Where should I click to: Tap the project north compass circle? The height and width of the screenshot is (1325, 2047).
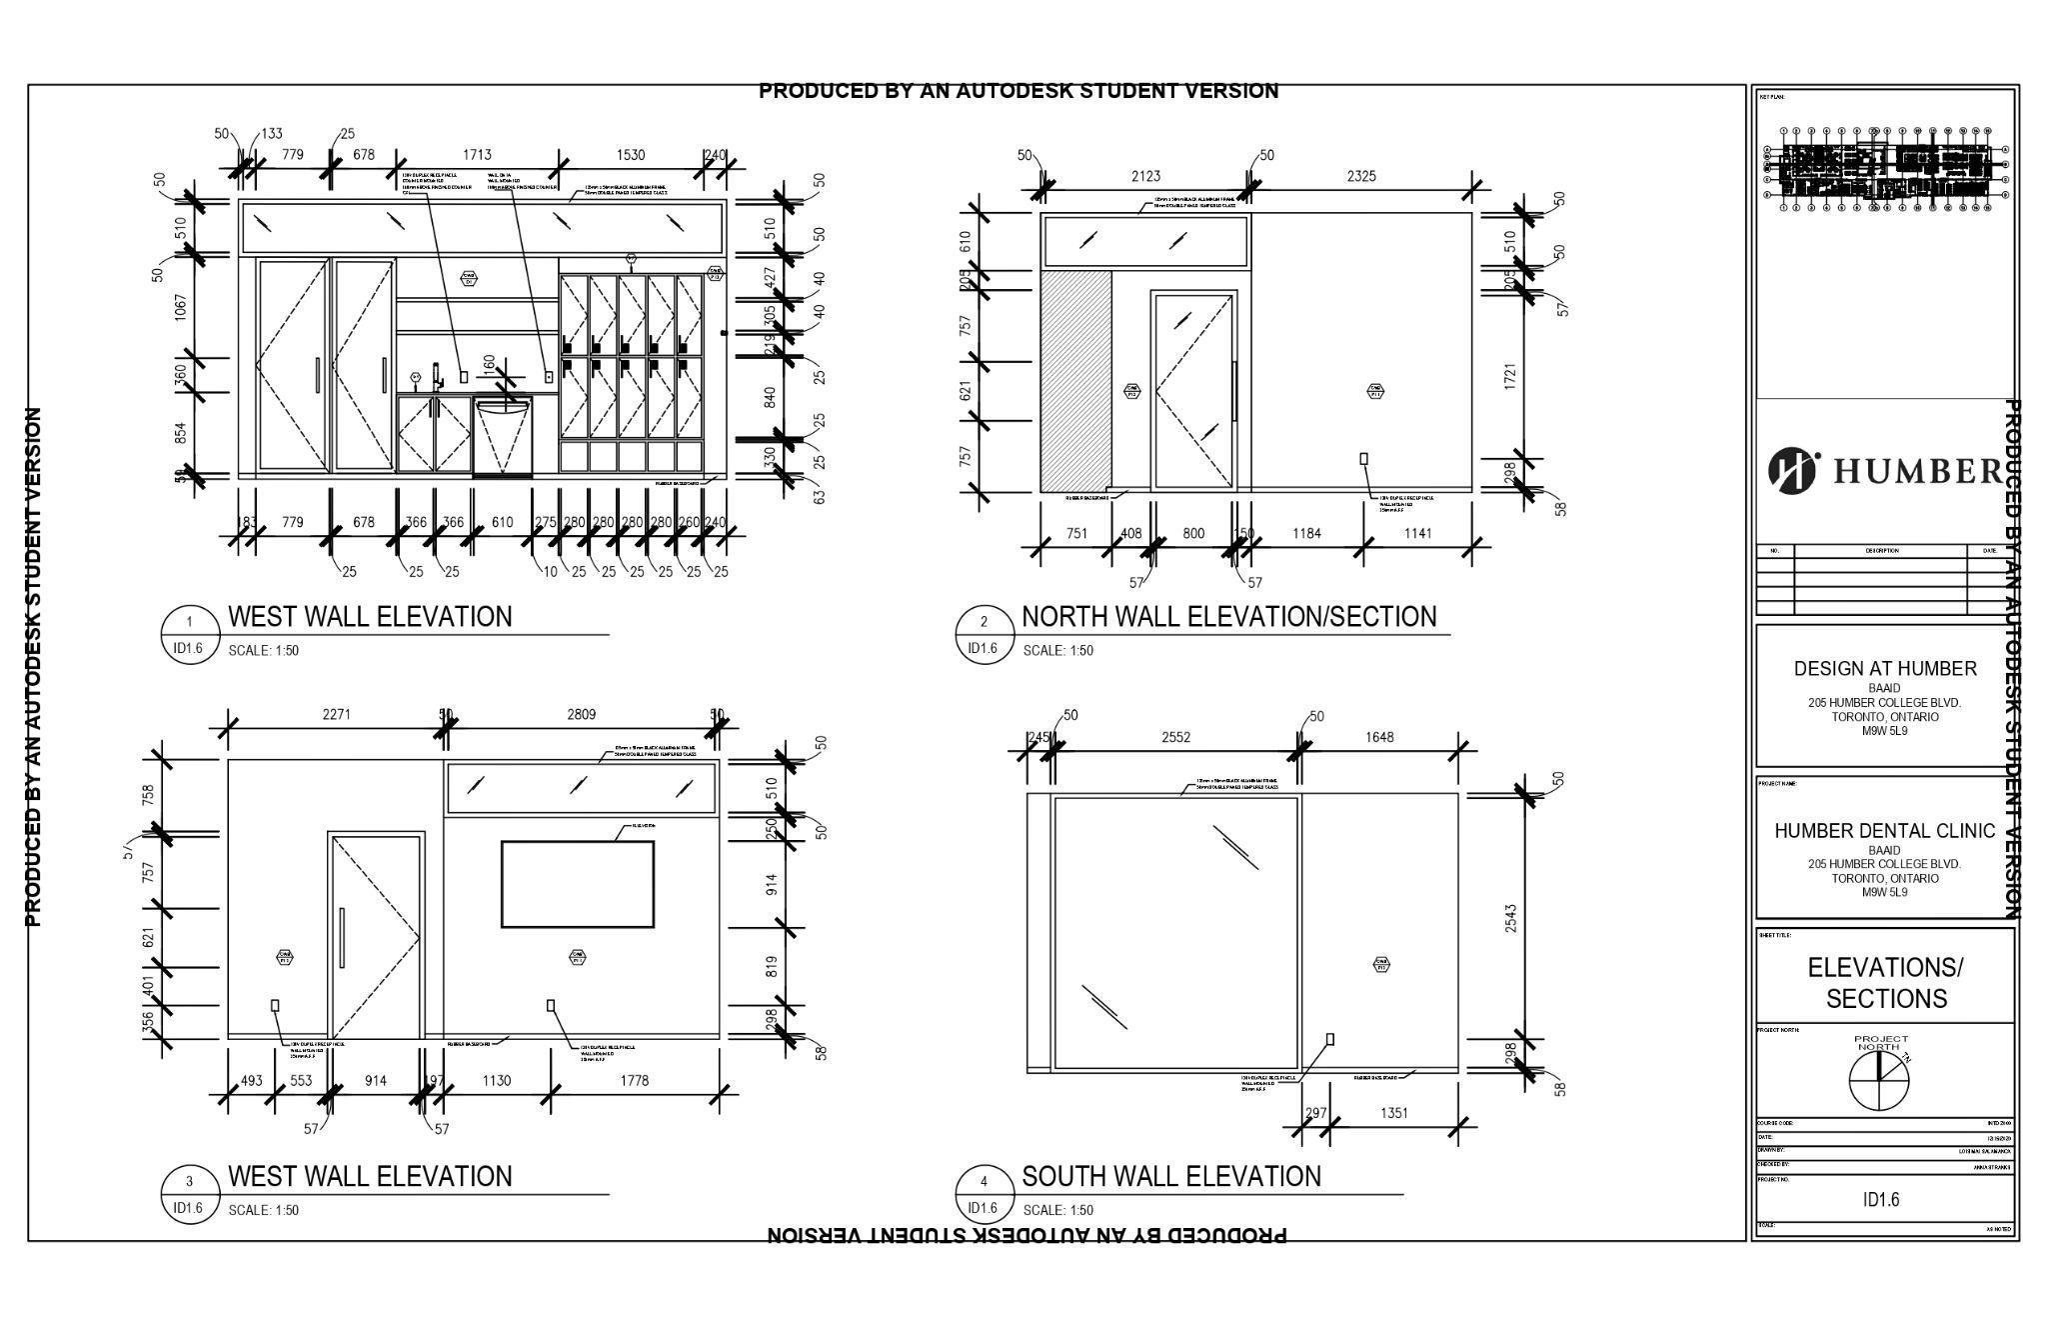pos(1878,1081)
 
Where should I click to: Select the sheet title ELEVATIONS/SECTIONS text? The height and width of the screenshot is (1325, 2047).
pos(1885,982)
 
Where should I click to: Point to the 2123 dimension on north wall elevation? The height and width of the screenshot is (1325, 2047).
pos(1145,176)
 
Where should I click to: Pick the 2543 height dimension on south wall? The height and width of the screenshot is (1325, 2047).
pos(1510,919)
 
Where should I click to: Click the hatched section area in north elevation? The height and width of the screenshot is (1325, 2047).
pos(1075,381)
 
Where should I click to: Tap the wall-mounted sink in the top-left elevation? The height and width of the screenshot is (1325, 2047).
pos(502,420)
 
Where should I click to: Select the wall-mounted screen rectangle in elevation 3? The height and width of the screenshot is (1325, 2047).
pos(578,884)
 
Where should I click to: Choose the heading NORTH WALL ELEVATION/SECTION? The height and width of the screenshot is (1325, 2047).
pos(1228,617)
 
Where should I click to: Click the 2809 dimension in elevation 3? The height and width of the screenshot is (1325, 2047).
pos(581,714)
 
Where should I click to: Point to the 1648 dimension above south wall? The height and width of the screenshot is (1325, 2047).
pos(1378,737)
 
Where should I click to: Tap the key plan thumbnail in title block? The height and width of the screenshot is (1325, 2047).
pos(1885,170)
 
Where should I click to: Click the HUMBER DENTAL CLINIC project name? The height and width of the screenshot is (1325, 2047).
pos(1884,831)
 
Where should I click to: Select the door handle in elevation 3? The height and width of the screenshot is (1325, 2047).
pos(342,937)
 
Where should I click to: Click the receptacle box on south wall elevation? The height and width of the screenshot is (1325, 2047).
pos(1330,1040)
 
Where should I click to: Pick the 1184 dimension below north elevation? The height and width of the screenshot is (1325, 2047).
pos(1306,533)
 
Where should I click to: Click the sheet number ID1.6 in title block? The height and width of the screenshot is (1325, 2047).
pos(1881,1199)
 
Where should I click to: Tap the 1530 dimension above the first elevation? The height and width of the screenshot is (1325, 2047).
pos(631,155)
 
